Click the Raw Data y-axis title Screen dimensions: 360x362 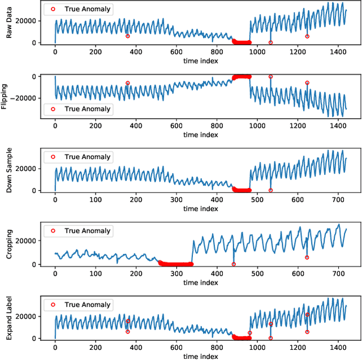coord(9,24)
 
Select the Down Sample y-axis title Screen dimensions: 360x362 coord(9,172)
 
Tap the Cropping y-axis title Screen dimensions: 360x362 coord(9,245)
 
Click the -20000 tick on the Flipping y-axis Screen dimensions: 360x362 coord(24,98)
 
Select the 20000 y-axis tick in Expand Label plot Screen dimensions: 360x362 coord(27,316)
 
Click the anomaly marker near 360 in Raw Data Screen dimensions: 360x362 coord(128,36)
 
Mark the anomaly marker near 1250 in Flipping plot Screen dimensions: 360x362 coord(307,83)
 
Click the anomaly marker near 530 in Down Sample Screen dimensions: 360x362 coord(270,190)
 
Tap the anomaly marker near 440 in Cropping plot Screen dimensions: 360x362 coord(234,264)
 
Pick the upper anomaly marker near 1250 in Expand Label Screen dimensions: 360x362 coord(307,315)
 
